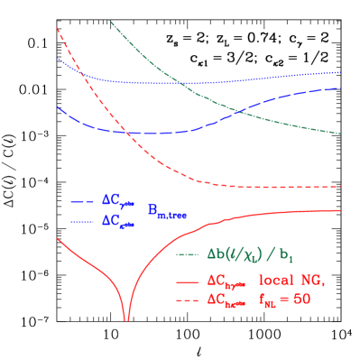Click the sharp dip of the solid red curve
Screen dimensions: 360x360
click(126, 318)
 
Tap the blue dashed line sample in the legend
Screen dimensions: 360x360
click(82, 202)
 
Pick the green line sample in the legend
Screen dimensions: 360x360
click(189, 254)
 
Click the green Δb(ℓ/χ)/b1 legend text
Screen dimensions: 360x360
click(253, 254)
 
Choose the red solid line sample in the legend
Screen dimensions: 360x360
click(189, 282)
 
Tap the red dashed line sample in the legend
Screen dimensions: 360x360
click(189, 300)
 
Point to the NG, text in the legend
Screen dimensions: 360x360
click(312, 281)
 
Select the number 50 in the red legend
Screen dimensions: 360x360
click(301, 300)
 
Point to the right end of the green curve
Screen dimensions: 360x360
click(340, 134)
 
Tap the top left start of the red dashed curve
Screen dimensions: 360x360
click(57, 28)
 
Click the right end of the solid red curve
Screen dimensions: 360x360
click(340, 210)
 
